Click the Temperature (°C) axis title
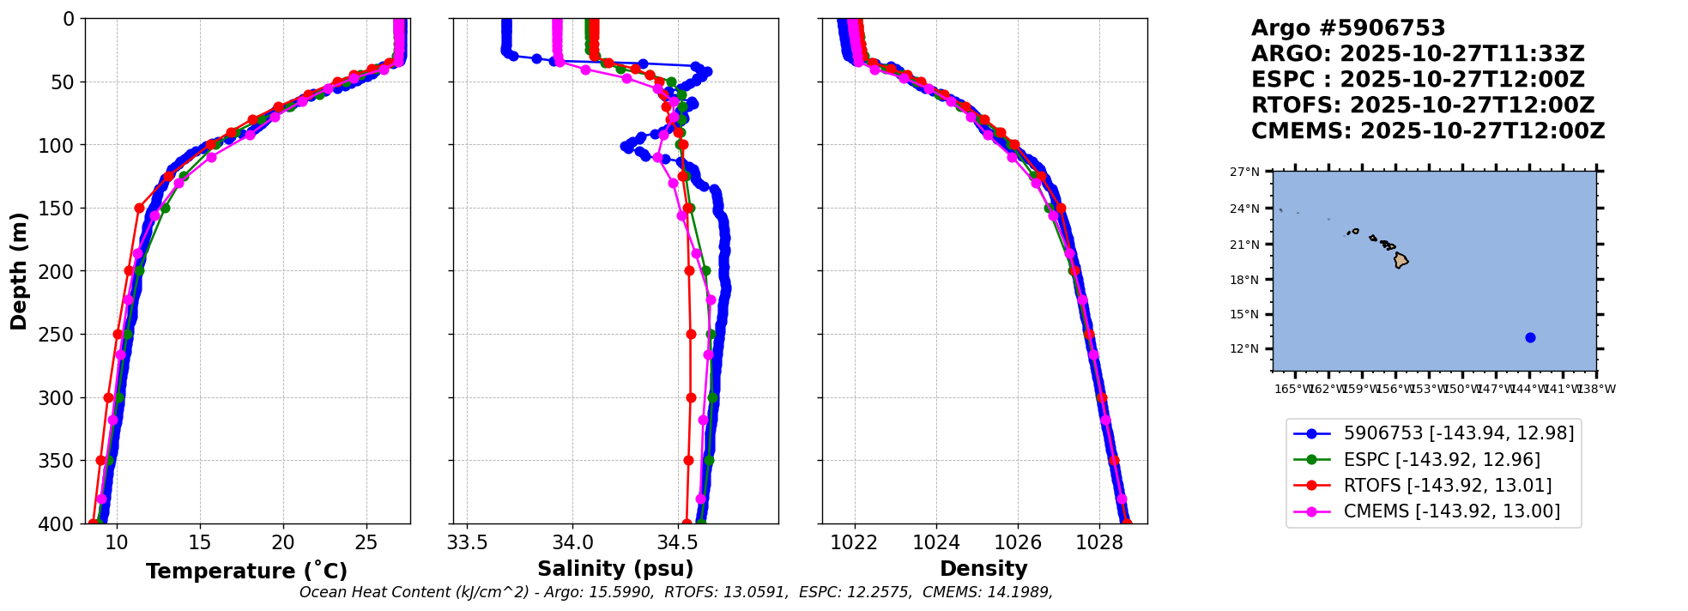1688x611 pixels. (246, 572)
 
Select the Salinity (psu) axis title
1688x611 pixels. (615, 569)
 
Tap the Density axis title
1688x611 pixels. (983, 569)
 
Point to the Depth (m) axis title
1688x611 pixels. (19, 270)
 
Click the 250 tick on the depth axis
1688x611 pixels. (62, 335)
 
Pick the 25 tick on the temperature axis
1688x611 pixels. (366, 543)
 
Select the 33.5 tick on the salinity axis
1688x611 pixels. (467, 543)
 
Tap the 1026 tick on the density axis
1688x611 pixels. (1018, 543)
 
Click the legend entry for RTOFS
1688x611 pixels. (1447, 486)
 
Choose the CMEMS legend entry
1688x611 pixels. (1451, 511)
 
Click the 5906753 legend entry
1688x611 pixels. (1458, 433)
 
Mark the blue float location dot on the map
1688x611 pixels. (1530, 337)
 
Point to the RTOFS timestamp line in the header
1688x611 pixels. (1422, 106)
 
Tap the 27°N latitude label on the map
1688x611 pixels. (1244, 172)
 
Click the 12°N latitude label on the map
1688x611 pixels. (1244, 348)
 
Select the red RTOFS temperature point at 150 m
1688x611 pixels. (139, 208)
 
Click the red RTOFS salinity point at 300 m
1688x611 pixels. (691, 397)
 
